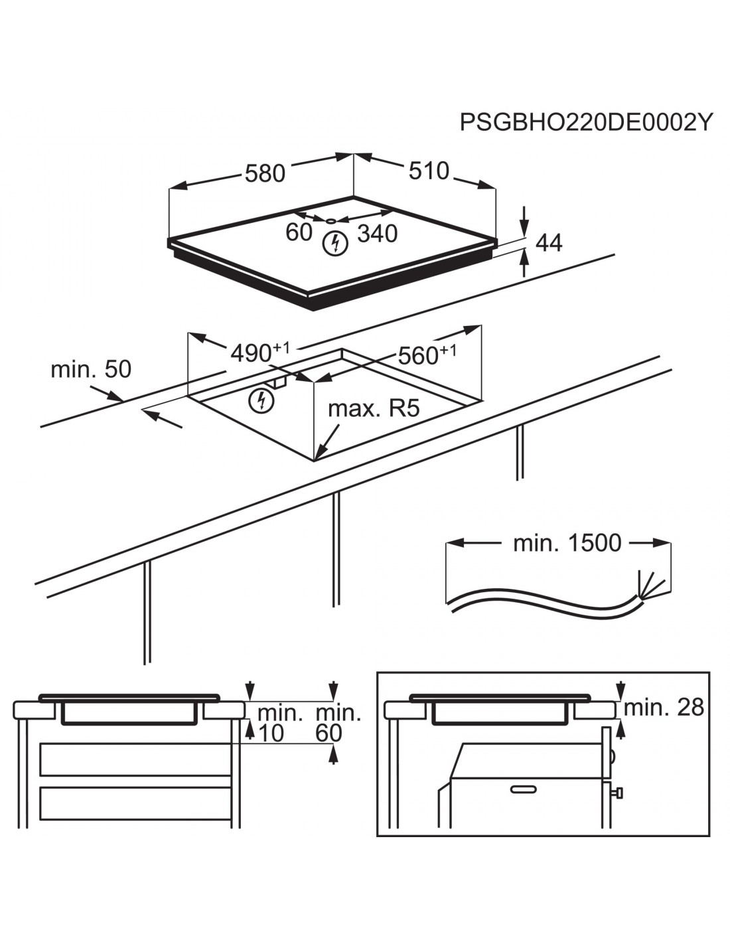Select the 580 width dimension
(265, 173)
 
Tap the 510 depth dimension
(429, 171)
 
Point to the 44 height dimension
(549, 243)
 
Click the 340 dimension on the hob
(378, 233)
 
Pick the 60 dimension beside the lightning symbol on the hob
(299, 232)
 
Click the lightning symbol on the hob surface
(334, 243)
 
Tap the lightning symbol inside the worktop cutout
(261, 400)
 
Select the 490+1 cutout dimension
(259, 353)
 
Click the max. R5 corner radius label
(374, 408)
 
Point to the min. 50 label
(91, 369)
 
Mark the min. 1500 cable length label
(567, 543)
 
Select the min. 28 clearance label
(664, 708)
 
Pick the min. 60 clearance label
(338, 723)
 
